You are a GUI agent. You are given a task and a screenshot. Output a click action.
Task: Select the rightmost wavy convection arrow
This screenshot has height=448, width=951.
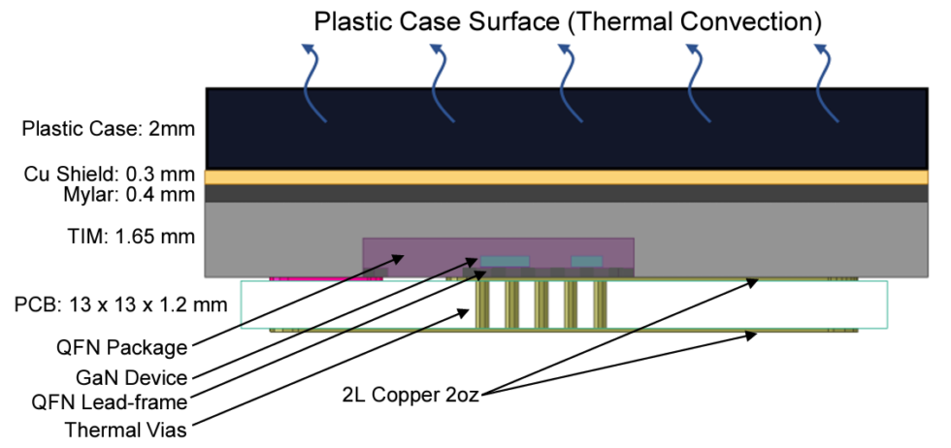click(827, 81)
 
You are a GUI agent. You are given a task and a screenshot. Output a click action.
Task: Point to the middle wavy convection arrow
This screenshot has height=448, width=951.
click(572, 81)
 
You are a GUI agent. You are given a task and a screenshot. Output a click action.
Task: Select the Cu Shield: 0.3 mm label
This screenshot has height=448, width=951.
click(109, 176)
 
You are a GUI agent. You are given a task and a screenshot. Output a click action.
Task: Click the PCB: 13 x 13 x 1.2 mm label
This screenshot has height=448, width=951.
click(115, 305)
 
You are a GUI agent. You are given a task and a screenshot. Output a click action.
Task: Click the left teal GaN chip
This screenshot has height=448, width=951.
click(505, 261)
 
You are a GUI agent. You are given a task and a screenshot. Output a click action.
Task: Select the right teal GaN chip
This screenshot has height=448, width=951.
click(586, 261)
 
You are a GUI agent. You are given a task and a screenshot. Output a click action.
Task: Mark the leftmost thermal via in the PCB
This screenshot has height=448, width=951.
click(481, 304)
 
